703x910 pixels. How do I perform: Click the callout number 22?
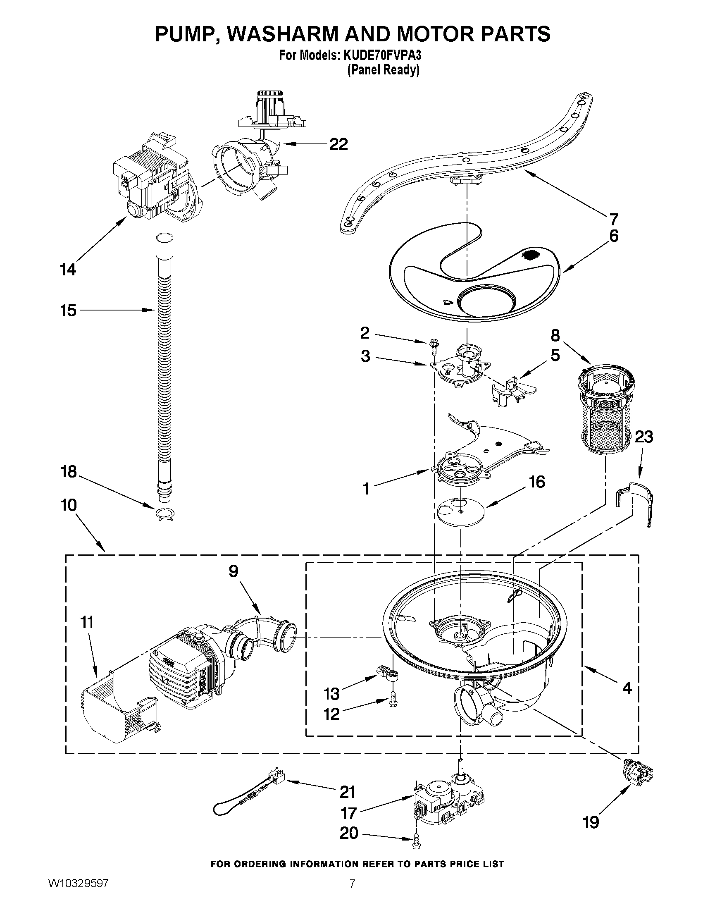pyautogui.click(x=338, y=144)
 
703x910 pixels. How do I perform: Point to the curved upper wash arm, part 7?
pyautogui.click(x=467, y=167)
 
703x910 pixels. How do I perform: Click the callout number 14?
pyautogui.click(x=68, y=270)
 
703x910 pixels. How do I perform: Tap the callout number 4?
pyautogui.click(x=627, y=688)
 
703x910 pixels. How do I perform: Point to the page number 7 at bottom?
pyautogui.click(x=352, y=892)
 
